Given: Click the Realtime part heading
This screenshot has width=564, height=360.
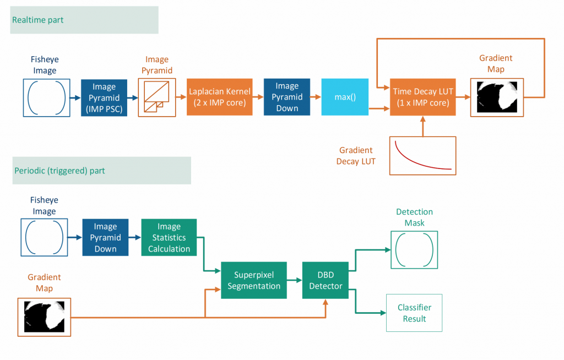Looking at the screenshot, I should [38, 20].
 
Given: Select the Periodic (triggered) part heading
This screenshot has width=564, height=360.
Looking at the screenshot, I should [59, 171].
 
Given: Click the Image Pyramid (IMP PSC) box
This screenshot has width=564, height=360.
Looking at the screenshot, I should [104, 97].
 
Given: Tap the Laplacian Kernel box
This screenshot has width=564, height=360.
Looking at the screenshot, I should [219, 97].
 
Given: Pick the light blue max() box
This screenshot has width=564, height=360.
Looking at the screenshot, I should [345, 97].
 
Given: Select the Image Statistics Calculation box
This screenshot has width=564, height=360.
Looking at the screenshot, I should [169, 238].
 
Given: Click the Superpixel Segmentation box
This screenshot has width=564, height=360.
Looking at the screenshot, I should [254, 280].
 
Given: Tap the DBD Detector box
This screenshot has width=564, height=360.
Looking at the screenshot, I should [326, 280].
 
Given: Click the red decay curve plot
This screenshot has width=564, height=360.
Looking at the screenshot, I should [423, 156].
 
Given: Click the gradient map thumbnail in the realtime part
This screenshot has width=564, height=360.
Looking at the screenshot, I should [497, 97].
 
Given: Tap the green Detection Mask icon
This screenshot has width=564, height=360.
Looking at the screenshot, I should [414, 249].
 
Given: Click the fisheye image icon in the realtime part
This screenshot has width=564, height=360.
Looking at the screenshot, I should [46, 97].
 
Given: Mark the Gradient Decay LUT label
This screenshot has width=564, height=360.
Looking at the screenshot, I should [356, 156].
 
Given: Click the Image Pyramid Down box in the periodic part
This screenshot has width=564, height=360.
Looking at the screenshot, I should [105, 238].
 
